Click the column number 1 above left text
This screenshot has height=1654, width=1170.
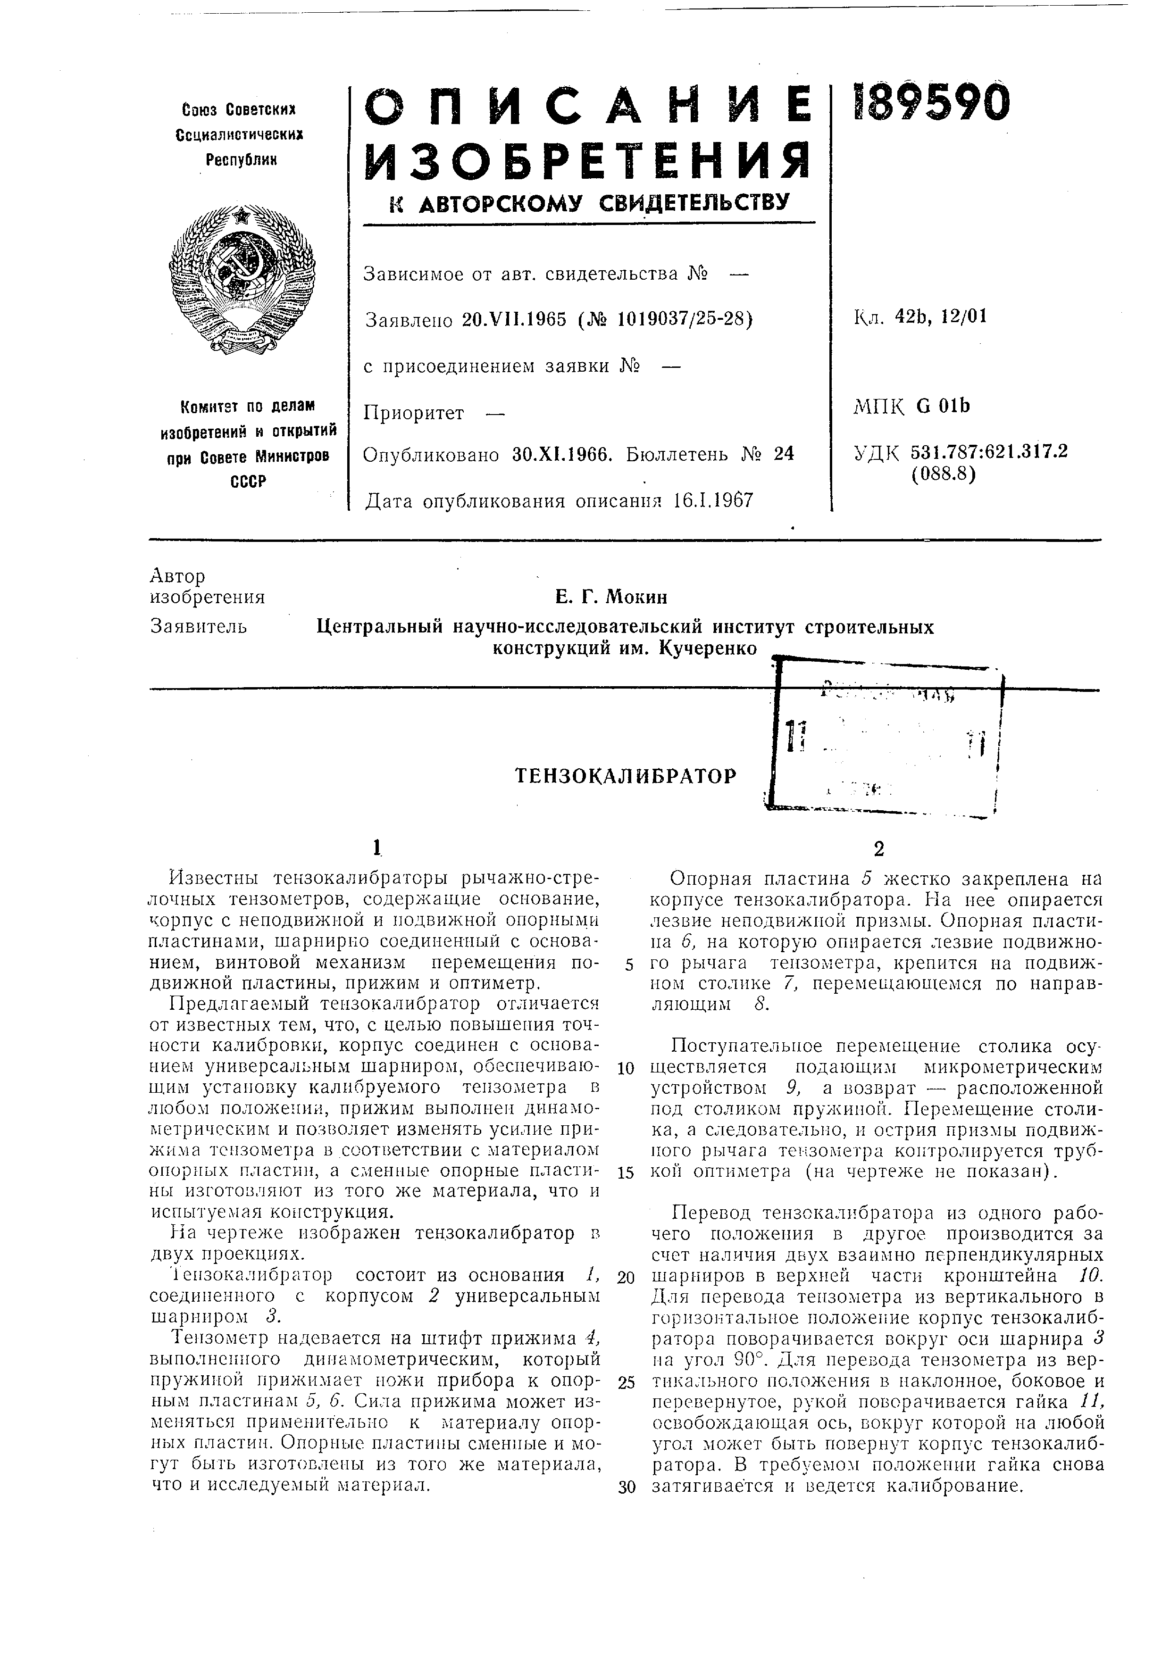click(x=376, y=848)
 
